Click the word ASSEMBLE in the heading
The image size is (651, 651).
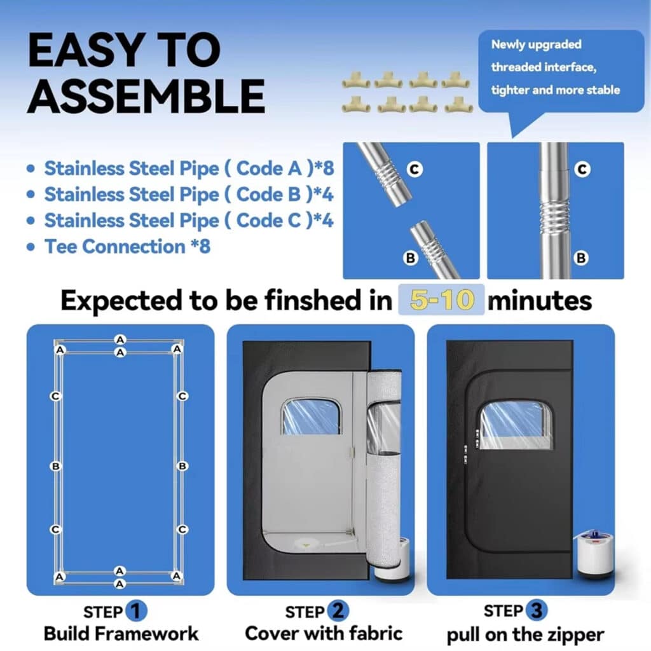146,96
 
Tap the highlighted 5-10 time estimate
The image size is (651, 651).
441,300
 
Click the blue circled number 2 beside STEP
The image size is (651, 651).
338,611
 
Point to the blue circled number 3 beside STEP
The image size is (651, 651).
537,610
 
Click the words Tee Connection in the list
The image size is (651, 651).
114,247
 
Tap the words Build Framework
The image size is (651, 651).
121,634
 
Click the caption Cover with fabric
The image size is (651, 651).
324,634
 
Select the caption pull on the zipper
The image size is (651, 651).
525,635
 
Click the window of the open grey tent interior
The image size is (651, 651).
311,416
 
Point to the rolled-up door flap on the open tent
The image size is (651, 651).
383,469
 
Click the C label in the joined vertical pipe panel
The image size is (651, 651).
582,169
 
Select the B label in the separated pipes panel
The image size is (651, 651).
410,258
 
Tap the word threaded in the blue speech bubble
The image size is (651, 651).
516,67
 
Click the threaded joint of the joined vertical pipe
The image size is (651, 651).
554,216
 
